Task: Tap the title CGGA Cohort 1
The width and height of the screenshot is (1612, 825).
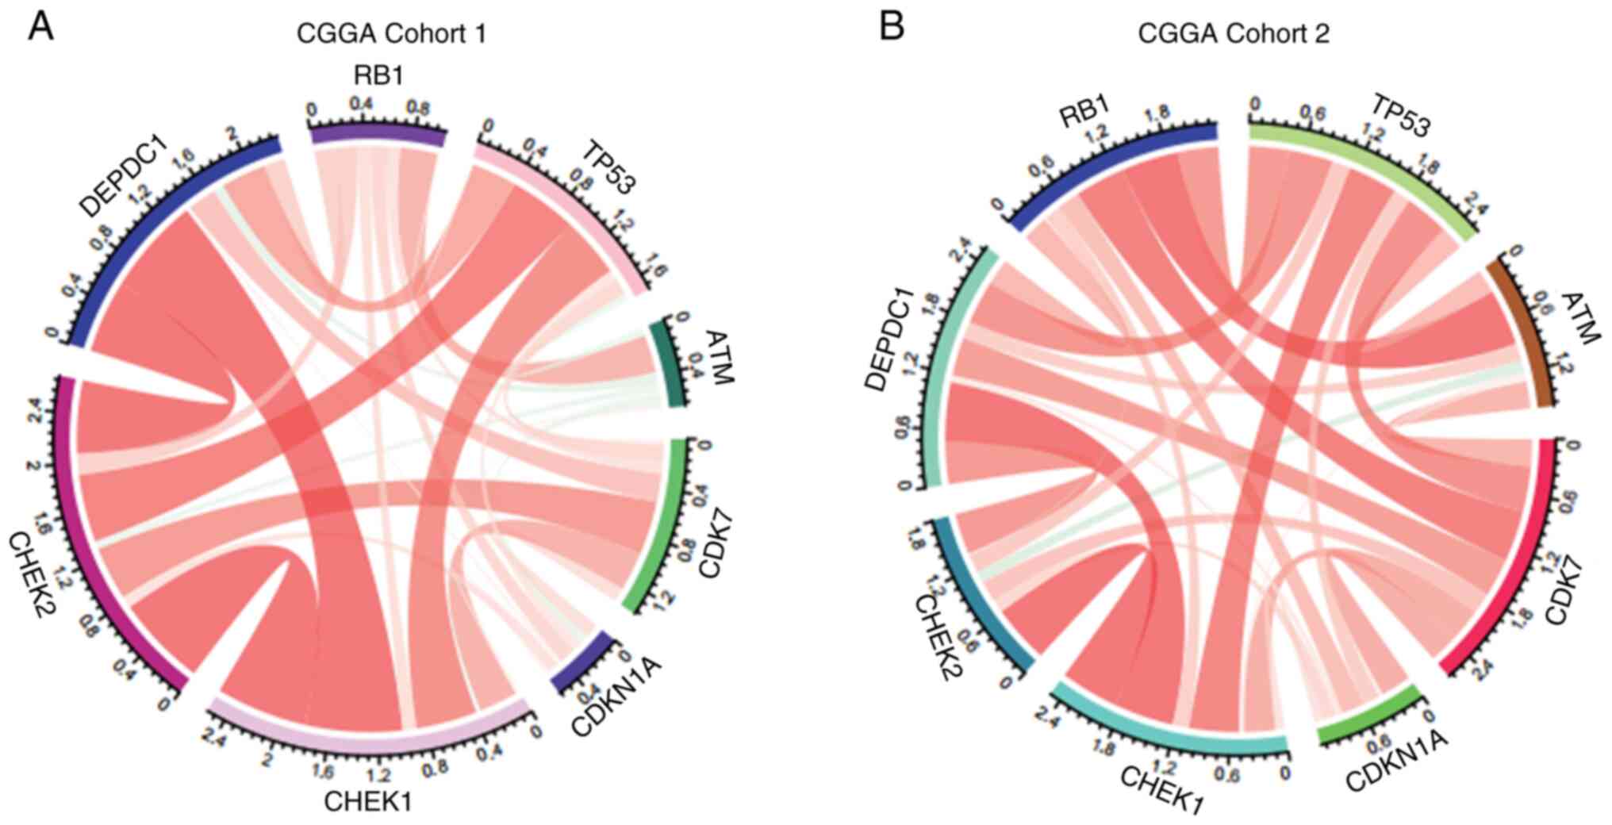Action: [x=391, y=34]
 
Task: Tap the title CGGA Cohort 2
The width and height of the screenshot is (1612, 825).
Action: [x=1234, y=34]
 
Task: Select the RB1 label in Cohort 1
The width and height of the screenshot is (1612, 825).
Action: [x=378, y=76]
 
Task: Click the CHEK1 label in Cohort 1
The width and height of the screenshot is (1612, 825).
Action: [x=368, y=801]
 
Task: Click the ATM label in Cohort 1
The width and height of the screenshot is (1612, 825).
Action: [x=719, y=358]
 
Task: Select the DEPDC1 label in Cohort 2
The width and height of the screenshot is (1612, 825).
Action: [x=889, y=341]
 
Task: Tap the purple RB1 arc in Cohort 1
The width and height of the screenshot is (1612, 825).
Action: [x=378, y=134]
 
